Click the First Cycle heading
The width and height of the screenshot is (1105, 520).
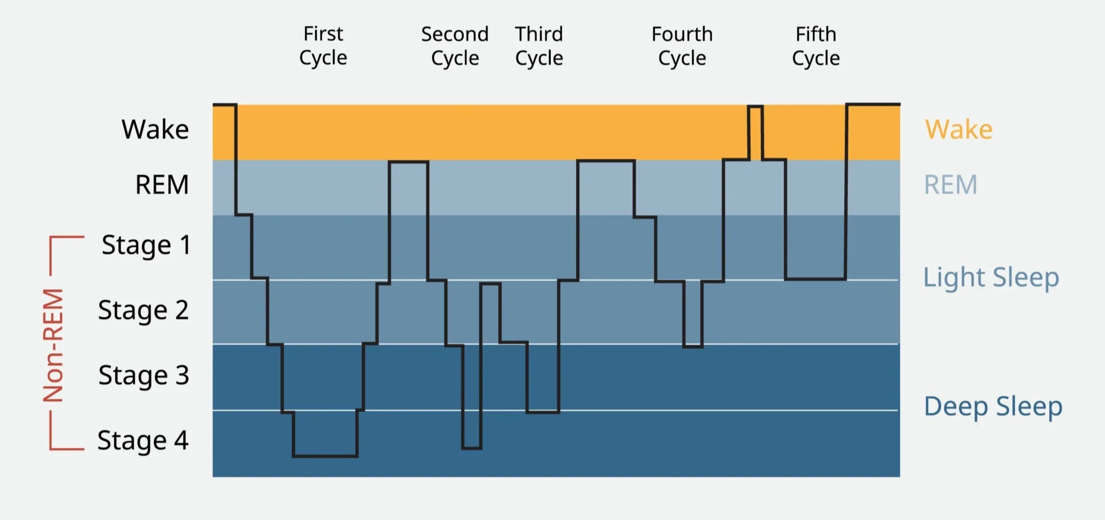coord(323,46)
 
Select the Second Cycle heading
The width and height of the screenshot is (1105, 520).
coord(455,46)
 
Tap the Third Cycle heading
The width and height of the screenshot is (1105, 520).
coord(539,46)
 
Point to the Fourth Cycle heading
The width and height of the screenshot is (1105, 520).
coord(682,46)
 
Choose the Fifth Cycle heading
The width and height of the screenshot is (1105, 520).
coord(816,46)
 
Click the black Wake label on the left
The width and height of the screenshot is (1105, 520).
coord(155,129)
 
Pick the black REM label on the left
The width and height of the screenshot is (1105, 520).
coord(162,185)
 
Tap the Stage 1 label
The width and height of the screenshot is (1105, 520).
coord(146,246)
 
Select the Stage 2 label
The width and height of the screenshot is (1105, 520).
coord(143,311)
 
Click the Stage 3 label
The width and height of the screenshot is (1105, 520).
coord(143,376)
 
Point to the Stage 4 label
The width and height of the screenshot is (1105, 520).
coord(143,441)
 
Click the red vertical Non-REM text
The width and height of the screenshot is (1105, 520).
coord(54,345)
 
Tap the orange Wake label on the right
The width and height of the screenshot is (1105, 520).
coord(958,129)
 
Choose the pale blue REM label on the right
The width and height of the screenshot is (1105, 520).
coord(950,185)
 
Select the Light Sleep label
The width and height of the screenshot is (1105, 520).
coord(990,278)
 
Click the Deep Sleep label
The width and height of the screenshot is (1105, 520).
coord(993,407)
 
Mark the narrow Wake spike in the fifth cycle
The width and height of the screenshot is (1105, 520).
coord(756,107)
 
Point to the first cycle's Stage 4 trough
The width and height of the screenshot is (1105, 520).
coord(325,456)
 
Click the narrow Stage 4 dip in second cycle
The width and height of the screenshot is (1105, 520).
coord(471,448)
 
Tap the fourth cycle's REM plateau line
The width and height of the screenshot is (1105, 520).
coord(606,161)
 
